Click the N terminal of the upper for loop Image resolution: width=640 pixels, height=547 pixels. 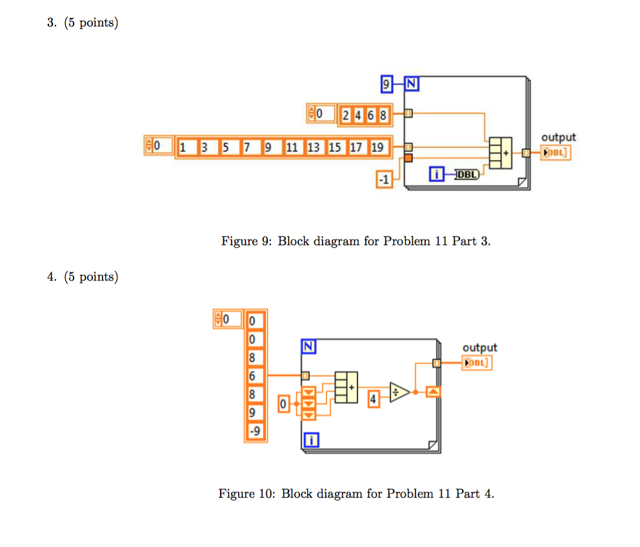click(411, 83)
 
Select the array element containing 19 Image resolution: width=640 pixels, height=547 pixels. click(377, 148)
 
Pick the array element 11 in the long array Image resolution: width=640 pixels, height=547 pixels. click(292, 148)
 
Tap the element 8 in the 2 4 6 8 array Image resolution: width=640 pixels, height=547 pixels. click(384, 116)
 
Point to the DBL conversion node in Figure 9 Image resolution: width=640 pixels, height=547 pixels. click(466, 174)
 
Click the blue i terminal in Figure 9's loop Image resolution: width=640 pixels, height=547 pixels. click(437, 174)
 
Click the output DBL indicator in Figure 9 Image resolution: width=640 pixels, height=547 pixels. click(556, 153)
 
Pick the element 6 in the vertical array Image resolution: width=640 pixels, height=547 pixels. click(253, 376)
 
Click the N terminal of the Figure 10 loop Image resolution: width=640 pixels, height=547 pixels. click(308, 347)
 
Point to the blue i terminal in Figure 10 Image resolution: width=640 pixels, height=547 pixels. click(311, 441)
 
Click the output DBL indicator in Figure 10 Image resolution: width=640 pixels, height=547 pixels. click(477, 363)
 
